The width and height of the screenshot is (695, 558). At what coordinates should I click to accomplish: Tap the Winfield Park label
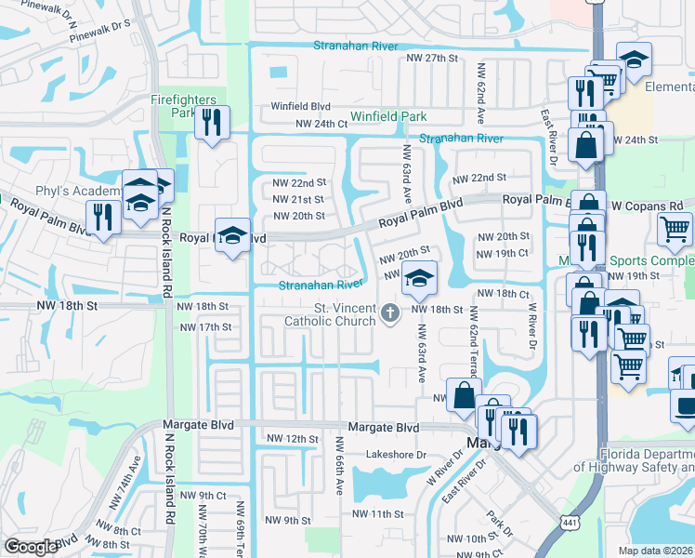pyautogui.click(x=387, y=117)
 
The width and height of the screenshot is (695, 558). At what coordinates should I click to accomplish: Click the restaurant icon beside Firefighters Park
pyautogui.click(x=212, y=123)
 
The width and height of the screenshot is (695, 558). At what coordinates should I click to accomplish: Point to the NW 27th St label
pyautogui.click(x=433, y=58)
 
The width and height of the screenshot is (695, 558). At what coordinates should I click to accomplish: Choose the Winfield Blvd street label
pyautogui.click(x=301, y=106)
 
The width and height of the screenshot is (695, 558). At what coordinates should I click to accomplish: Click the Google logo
pyautogui.click(x=31, y=547)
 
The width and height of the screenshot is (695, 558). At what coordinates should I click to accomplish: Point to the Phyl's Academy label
pyautogui.click(x=78, y=192)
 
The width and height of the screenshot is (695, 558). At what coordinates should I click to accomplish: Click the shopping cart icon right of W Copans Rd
pyautogui.click(x=675, y=229)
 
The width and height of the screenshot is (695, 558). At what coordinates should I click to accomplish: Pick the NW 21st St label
pyautogui.click(x=298, y=199)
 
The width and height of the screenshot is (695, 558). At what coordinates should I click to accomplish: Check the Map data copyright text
pyautogui.click(x=656, y=551)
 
